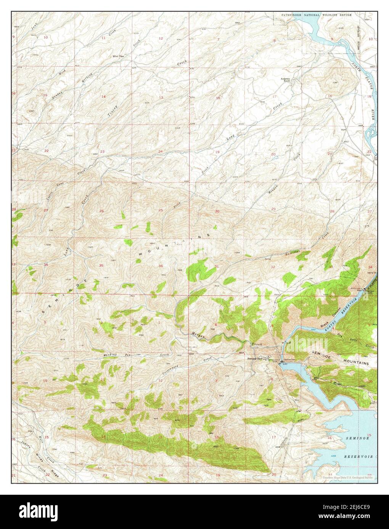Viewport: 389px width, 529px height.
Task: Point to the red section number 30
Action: [x=217, y=211]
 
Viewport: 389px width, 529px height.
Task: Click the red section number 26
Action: [x=101, y=211]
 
